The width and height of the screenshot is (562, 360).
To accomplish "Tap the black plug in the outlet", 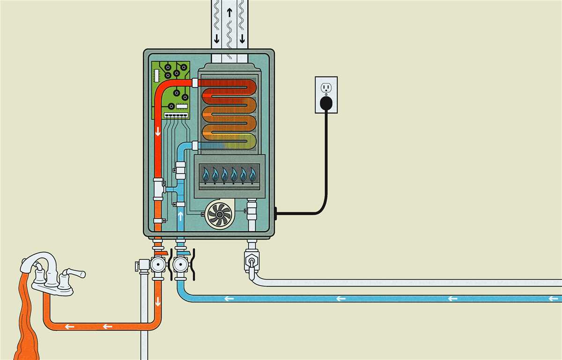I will tap(326, 102).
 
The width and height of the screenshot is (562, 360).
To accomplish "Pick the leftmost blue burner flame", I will tap(205, 175).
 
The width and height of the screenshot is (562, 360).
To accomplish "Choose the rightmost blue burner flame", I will tap(252, 175).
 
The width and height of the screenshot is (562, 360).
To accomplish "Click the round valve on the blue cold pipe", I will tap(179, 265).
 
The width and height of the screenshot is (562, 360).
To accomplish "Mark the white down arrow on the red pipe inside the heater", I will tap(158, 131).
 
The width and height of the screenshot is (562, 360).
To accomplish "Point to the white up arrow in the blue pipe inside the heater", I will tap(181, 216).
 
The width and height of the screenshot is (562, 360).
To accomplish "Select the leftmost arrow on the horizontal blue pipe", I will tap(229, 298).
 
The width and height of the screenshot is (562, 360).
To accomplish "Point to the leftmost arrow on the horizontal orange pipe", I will tap(69, 326).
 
